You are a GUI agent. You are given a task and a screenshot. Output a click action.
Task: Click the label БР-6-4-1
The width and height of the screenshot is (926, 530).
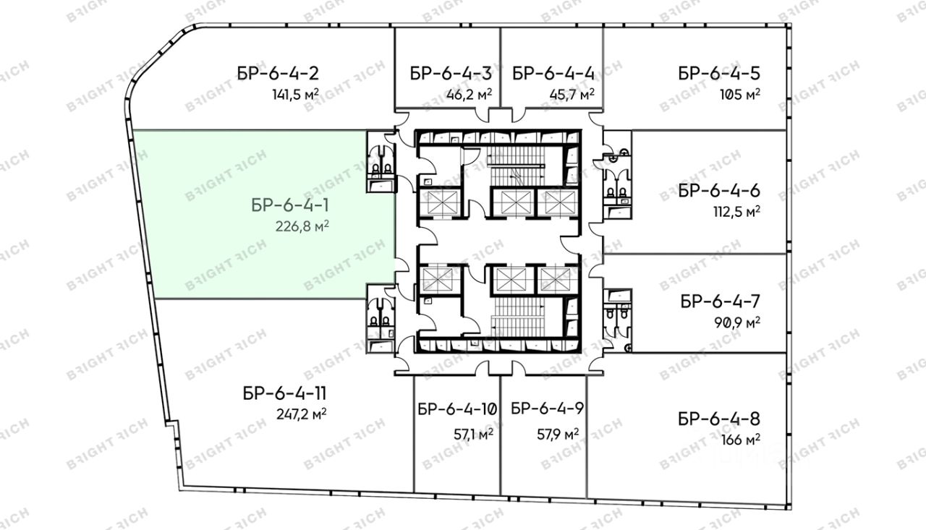[290, 205]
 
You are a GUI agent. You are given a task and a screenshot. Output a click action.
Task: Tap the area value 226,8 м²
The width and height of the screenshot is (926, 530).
[302, 226]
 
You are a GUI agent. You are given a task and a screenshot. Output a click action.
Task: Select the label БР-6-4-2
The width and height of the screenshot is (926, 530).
[278, 74]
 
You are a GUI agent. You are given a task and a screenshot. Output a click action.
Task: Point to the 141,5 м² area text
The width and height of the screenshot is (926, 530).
[295, 95]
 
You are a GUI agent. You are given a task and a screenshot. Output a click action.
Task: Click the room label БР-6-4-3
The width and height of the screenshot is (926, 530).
[451, 74]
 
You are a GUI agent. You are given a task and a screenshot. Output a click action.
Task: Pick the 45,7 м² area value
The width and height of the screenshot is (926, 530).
[572, 95]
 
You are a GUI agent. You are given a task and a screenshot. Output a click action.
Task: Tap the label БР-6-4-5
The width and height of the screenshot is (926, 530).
[719, 74]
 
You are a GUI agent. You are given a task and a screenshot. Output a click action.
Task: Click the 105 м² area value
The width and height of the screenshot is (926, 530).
[740, 95]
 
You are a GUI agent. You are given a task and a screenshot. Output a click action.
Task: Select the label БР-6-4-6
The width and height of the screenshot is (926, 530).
[719, 191]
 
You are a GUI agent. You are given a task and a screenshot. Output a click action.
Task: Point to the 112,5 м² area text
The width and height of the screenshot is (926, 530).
[736, 212]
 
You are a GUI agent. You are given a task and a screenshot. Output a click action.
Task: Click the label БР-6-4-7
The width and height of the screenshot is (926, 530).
[720, 302]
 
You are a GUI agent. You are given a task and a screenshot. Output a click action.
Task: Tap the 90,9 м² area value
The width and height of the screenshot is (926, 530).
[737, 322]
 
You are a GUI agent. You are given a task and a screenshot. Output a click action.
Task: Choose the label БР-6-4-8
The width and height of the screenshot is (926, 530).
[719, 419]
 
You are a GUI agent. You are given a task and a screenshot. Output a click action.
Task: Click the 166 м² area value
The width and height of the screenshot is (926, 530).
[741, 440]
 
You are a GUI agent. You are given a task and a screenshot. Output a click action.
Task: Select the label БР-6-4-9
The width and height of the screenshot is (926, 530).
[548, 409]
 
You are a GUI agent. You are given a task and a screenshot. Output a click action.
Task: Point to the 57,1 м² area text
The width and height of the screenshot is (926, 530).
[473, 434]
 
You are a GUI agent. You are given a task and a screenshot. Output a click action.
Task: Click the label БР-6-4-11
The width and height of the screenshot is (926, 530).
[284, 393]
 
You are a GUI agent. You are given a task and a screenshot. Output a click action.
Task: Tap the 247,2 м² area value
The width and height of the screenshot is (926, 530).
[302, 414]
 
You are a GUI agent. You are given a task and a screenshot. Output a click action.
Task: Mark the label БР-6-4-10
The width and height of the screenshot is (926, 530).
[457, 409]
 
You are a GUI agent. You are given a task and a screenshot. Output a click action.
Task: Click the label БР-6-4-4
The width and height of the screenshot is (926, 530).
[553, 74]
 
